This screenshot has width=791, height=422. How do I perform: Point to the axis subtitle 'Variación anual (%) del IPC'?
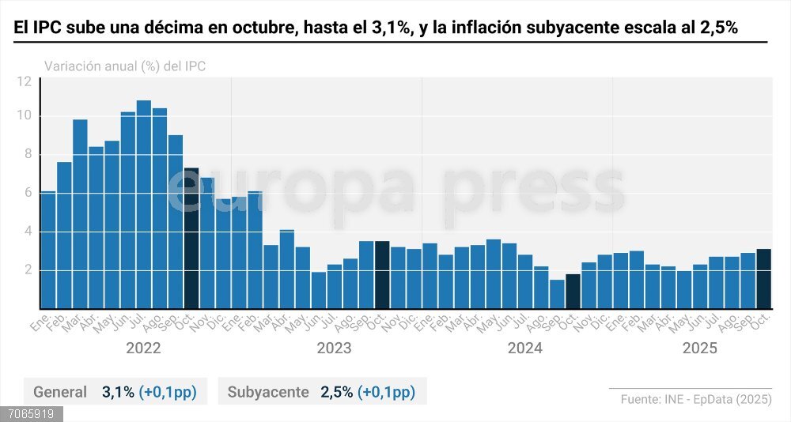pos(125,66)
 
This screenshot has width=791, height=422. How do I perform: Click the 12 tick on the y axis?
pos(24,81)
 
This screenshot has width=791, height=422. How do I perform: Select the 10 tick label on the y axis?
pos(24,116)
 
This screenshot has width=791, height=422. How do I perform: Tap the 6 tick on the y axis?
pos(27,193)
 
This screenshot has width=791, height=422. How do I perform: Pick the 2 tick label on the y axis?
pos(27,270)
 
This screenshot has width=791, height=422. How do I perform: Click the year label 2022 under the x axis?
pos(143,349)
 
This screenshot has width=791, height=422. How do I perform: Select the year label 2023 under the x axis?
pos(334,349)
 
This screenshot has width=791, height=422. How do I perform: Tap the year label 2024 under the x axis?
pos(524,349)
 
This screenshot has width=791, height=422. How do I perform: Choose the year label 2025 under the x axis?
pos(699,349)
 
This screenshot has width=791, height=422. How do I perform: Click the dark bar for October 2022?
pos(191,238)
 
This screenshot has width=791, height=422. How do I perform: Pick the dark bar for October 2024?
pos(573,292)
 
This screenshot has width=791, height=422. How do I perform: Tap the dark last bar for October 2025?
pos(763,279)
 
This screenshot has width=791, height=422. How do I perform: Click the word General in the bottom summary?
pos(60,392)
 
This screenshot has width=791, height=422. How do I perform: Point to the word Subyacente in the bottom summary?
pos(267,392)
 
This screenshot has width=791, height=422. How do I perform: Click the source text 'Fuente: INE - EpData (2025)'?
pos(696,399)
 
